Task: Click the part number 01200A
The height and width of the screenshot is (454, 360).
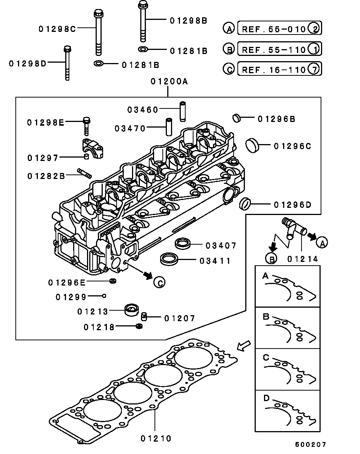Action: (169, 81)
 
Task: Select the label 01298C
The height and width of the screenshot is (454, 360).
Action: (57, 29)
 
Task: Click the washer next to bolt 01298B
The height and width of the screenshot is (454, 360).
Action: (143, 49)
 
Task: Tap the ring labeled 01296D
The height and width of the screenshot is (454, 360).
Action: (244, 204)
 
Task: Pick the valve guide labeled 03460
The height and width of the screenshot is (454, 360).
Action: (183, 111)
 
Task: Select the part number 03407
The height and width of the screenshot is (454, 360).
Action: (221, 246)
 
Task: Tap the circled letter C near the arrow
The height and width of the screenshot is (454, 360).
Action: (159, 283)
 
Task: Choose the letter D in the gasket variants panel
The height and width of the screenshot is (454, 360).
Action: (266, 398)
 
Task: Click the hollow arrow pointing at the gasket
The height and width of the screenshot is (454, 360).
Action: (244, 346)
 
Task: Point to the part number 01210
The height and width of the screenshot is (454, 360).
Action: (156, 438)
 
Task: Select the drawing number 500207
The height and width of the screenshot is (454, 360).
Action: (310, 445)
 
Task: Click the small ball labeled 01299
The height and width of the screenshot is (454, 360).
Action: (104, 296)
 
